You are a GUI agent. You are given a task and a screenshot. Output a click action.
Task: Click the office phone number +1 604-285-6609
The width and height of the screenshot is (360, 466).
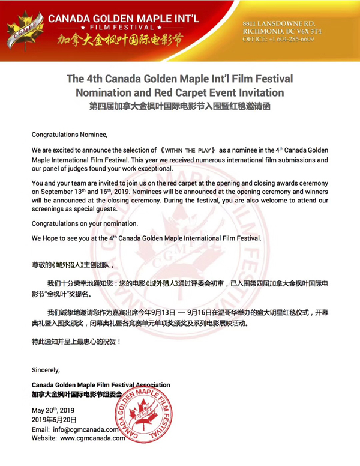pyautogui.click(x=278, y=38)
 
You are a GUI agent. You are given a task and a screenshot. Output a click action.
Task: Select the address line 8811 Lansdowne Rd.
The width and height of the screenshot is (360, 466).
pyautogui.click(x=278, y=22)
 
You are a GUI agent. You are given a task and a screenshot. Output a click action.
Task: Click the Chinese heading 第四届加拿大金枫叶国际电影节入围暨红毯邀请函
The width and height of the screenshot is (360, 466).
pyautogui.click(x=179, y=106)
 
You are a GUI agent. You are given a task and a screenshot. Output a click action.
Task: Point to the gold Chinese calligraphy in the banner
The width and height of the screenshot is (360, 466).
pyautogui.click(x=118, y=43)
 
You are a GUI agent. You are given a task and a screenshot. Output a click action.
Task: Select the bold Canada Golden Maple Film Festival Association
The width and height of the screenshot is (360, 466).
pyautogui.click(x=100, y=384)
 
